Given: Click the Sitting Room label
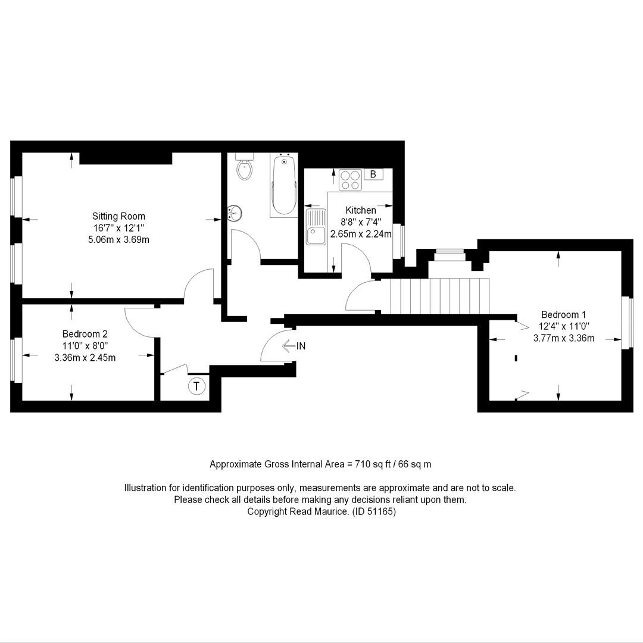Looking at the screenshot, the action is point(118,216).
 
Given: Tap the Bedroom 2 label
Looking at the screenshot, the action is point(85,334).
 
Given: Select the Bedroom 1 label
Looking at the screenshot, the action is point(563,314).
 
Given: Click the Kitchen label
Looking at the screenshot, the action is point(361,210).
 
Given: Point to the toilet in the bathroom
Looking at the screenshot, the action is point(245,167).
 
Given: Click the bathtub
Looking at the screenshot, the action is point(284,185).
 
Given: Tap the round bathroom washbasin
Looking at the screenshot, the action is point(235,213).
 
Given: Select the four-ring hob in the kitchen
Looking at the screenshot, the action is point(351,180).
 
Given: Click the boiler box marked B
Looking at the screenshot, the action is point(373,174).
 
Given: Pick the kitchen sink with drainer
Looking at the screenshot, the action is point(316,226).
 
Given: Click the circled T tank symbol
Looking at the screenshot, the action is point(197,386).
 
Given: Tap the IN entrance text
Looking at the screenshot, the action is point(301,346).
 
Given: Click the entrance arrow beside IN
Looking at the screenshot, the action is point(289,346).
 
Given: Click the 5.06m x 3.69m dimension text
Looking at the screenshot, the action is point(118,239).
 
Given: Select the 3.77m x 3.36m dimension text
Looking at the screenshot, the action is point(564,338).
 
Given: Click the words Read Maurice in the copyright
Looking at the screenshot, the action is point(319,512).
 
